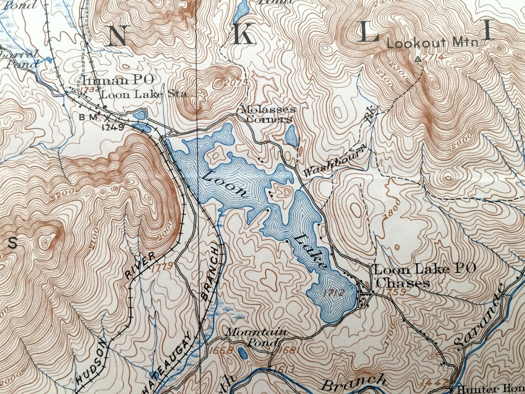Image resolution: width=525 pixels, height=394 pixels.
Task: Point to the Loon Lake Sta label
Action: click(x=144, y=94)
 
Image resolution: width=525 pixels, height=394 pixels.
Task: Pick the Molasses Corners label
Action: click(x=266, y=114)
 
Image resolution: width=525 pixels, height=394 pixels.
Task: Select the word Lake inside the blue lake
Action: click(x=311, y=251)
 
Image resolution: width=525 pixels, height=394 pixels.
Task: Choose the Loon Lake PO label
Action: click(x=425, y=270)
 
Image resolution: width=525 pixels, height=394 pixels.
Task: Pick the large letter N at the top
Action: click(x=117, y=36)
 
